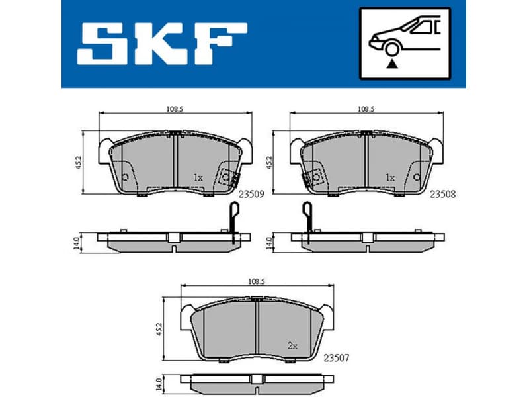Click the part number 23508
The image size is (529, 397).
[443, 195]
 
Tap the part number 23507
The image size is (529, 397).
[336, 358]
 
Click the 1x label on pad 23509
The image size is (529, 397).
[197, 177]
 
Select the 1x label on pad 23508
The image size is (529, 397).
[389, 177]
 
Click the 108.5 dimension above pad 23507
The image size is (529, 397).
[256, 281]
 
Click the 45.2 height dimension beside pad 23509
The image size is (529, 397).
[77, 163]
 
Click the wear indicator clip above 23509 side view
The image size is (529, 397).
[232, 215]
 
